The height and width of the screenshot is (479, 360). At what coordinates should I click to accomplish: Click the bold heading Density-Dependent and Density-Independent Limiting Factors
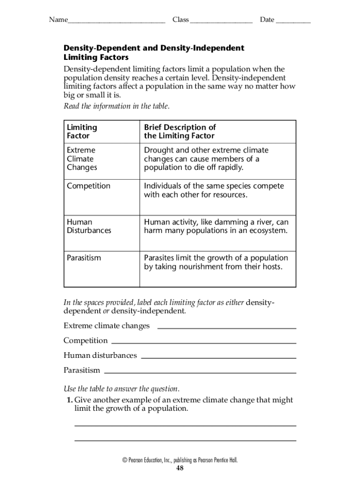click(x=154, y=52)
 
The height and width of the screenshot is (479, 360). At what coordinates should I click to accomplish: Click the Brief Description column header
click(x=180, y=131)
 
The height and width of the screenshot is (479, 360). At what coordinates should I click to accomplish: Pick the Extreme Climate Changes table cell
click(x=82, y=159)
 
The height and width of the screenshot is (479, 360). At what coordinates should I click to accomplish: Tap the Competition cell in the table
click(x=89, y=186)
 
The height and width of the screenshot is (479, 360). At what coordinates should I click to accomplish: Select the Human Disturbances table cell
click(x=89, y=226)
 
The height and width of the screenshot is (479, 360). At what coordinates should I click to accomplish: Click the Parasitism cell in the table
click(x=84, y=258)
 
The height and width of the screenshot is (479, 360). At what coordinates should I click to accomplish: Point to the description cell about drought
click(x=206, y=159)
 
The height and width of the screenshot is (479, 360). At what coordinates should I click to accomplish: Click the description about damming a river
click(x=216, y=226)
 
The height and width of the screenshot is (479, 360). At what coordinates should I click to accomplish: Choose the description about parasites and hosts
click(x=216, y=262)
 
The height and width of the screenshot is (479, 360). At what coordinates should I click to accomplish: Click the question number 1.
click(x=69, y=400)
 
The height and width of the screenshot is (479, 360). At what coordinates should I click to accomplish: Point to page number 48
click(x=180, y=468)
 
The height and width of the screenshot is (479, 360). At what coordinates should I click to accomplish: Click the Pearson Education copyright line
click(x=180, y=460)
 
